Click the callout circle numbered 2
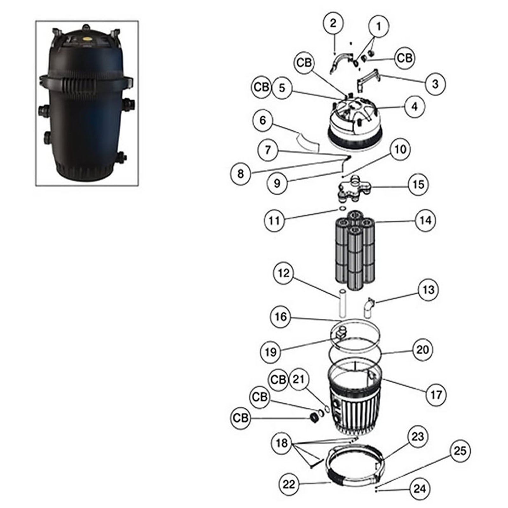click(x=332, y=23)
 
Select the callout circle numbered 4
click(x=414, y=106)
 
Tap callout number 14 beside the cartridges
click(x=425, y=220)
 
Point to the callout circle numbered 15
click(x=418, y=184)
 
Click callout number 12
click(x=284, y=273)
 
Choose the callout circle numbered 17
click(x=436, y=395)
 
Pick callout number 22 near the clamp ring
click(x=289, y=485)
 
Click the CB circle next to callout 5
click(x=262, y=87)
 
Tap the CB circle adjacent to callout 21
click(x=278, y=379)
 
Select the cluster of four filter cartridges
click(x=355, y=251)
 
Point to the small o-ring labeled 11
click(x=343, y=208)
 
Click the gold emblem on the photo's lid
click(x=85, y=37)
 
